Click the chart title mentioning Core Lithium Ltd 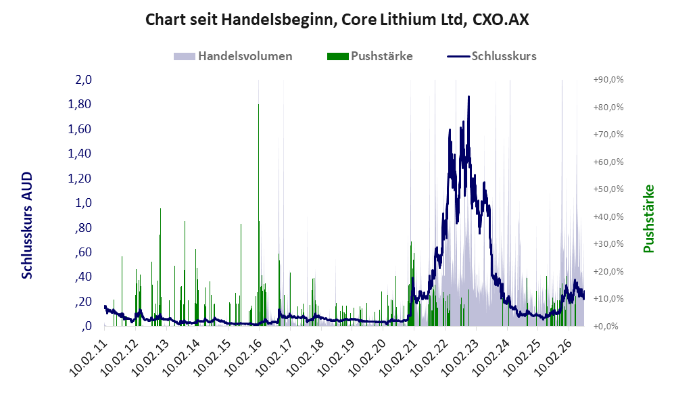click(337, 20)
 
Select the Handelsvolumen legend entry click(233, 56)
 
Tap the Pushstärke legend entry click(370, 56)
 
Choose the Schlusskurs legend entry click(491, 56)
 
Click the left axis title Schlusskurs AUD click(27, 225)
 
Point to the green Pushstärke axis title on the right click(648, 218)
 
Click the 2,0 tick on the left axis click(83, 80)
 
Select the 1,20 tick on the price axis click(80, 178)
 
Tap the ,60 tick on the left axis click(83, 252)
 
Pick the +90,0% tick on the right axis click(608, 80)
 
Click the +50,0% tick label click(608, 189)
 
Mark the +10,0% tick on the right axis click(608, 299)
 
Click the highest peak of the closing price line click(468, 97)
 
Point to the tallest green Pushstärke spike click(258, 104)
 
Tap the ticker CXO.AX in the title click(500, 20)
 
